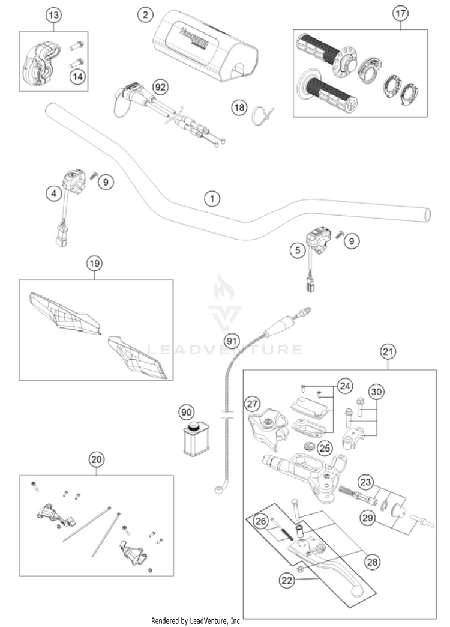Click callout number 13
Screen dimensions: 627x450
click(x=54, y=15)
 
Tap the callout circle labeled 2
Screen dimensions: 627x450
click(x=145, y=14)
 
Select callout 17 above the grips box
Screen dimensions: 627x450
click(x=400, y=13)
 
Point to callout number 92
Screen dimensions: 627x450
click(x=159, y=87)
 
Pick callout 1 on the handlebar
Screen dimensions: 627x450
click(x=211, y=198)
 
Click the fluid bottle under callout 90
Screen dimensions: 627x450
click(x=195, y=441)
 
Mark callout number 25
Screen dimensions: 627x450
click(x=325, y=447)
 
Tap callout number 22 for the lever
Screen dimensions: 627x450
click(x=286, y=580)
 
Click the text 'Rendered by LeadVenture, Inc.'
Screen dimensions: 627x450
click(x=196, y=620)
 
